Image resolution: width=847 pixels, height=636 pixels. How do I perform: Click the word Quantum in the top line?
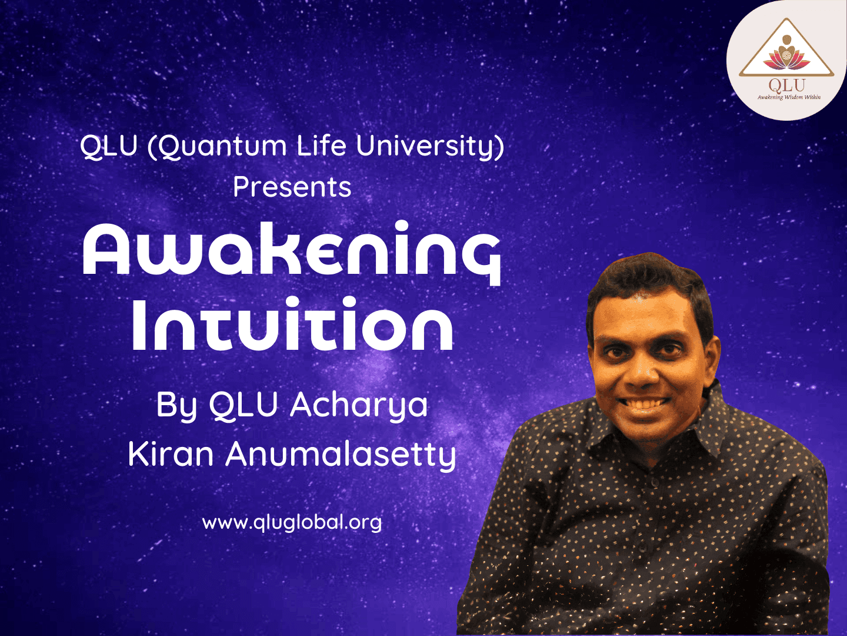pos(223,147)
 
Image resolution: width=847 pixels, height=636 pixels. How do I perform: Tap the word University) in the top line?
pos(430,147)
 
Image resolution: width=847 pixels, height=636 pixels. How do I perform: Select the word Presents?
pos(292,187)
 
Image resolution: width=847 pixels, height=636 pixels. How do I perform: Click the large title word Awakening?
pos(292,253)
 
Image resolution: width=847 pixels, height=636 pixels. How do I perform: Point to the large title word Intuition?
pos(292,324)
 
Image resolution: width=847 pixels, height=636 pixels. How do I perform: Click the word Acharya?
pos(359,406)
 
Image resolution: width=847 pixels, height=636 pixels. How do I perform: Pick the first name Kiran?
pos(171,454)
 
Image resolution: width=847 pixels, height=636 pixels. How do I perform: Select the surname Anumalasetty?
pos(341,456)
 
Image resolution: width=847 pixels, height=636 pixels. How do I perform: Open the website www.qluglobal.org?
pos(292,523)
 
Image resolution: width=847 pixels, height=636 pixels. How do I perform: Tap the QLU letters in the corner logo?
pos(786,85)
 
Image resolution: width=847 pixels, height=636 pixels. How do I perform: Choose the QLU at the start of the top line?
pos(108,147)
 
